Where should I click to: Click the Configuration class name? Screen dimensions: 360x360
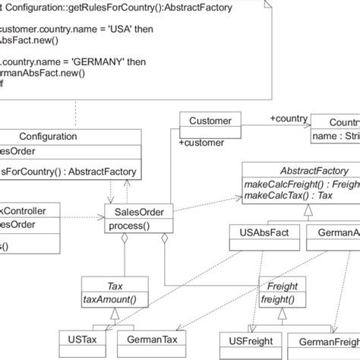pyautogui.click(x=46, y=136)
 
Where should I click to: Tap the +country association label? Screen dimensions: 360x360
pyautogui.click(x=288, y=118)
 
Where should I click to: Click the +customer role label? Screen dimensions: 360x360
pyautogui.click(x=201, y=142)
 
